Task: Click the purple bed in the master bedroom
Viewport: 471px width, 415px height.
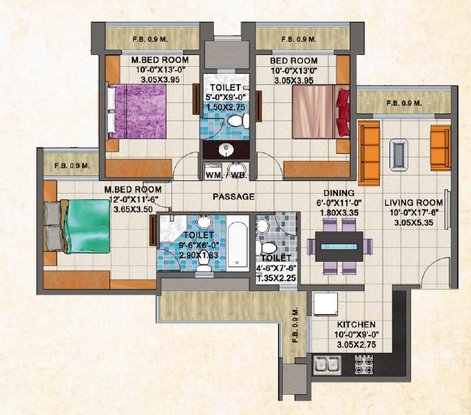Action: click(137, 111)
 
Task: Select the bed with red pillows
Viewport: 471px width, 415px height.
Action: click(321, 111)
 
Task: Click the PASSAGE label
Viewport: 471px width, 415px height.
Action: click(233, 196)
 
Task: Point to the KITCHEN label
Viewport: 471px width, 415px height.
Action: click(356, 324)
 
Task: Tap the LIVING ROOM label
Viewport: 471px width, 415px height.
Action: click(414, 203)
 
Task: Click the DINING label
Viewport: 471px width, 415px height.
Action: click(339, 193)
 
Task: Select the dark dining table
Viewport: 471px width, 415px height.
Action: click(339, 246)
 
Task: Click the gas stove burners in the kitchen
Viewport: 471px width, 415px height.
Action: click(364, 364)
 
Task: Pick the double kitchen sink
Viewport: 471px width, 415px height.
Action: click(327, 365)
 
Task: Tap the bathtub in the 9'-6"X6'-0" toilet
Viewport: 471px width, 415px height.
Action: click(238, 244)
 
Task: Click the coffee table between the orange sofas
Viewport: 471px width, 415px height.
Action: click(399, 155)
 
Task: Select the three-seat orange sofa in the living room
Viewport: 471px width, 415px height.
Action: click(369, 153)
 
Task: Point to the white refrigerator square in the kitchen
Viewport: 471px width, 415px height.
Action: click(325, 304)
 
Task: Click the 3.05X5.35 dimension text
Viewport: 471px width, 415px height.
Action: click(414, 223)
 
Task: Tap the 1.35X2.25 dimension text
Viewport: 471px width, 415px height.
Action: click(276, 278)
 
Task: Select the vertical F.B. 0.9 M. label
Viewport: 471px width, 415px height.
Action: click(295, 324)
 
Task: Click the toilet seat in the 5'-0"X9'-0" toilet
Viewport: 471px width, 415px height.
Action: click(238, 121)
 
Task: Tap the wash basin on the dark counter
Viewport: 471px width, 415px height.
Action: click(226, 150)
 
